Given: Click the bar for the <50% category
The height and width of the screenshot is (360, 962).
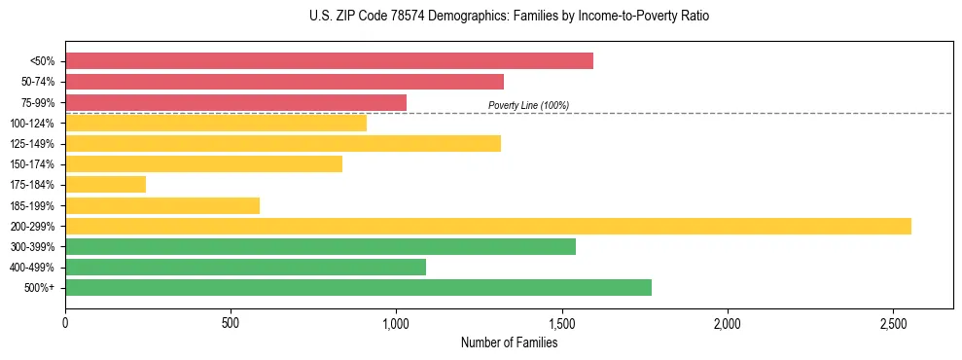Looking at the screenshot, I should click(x=329, y=61).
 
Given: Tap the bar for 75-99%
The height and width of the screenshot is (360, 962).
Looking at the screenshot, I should click(x=235, y=102).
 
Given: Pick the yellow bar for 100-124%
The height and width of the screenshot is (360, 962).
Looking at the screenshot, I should click(x=216, y=123).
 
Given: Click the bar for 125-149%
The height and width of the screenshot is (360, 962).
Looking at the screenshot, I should click(x=283, y=144).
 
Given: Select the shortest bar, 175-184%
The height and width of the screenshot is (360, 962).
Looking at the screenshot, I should click(x=105, y=185).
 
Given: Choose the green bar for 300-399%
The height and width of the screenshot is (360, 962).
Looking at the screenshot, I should click(x=320, y=246).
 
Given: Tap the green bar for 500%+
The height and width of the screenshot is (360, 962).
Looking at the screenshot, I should click(x=358, y=287).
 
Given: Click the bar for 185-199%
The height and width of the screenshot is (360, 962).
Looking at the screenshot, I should click(x=162, y=205).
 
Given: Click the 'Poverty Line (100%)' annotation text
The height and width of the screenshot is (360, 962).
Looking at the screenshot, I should click(x=528, y=105).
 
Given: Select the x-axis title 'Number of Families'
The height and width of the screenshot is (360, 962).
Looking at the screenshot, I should click(x=510, y=342).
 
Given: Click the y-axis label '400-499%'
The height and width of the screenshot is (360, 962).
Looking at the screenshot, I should click(x=33, y=268).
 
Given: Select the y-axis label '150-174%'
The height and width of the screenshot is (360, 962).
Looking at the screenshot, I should click(x=33, y=164).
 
